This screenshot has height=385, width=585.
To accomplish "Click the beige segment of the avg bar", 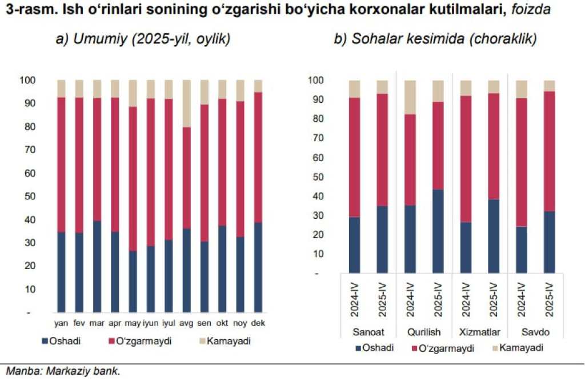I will [186, 103].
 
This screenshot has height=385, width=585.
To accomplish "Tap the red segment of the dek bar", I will [258, 157].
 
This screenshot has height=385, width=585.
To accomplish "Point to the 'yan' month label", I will [61, 323].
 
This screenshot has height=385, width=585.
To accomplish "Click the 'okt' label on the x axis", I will [222, 323].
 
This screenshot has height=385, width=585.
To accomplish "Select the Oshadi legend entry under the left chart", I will [61, 341].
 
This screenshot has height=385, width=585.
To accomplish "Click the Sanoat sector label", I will [368, 332].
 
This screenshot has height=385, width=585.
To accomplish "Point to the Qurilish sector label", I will [424, 332].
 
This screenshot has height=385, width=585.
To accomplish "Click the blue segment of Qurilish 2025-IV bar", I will [438, 231].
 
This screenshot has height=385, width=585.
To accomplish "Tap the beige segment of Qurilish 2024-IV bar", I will [410, 97].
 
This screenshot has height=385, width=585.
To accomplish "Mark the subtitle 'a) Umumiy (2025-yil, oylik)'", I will [142, 39].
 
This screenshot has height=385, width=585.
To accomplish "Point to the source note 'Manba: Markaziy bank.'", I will [63, 371].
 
